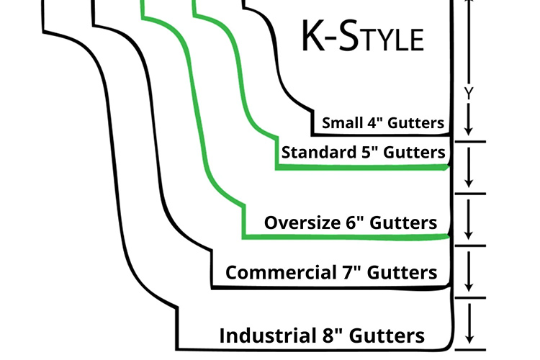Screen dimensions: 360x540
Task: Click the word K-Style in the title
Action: (361, 36)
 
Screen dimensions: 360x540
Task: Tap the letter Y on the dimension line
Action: (469, 93)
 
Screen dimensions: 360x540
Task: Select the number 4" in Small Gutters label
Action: (374, 123)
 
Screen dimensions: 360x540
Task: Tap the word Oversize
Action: (298, 222)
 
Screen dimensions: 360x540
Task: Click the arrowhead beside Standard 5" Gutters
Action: (469, 181)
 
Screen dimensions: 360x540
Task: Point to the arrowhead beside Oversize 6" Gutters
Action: (469, 234)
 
